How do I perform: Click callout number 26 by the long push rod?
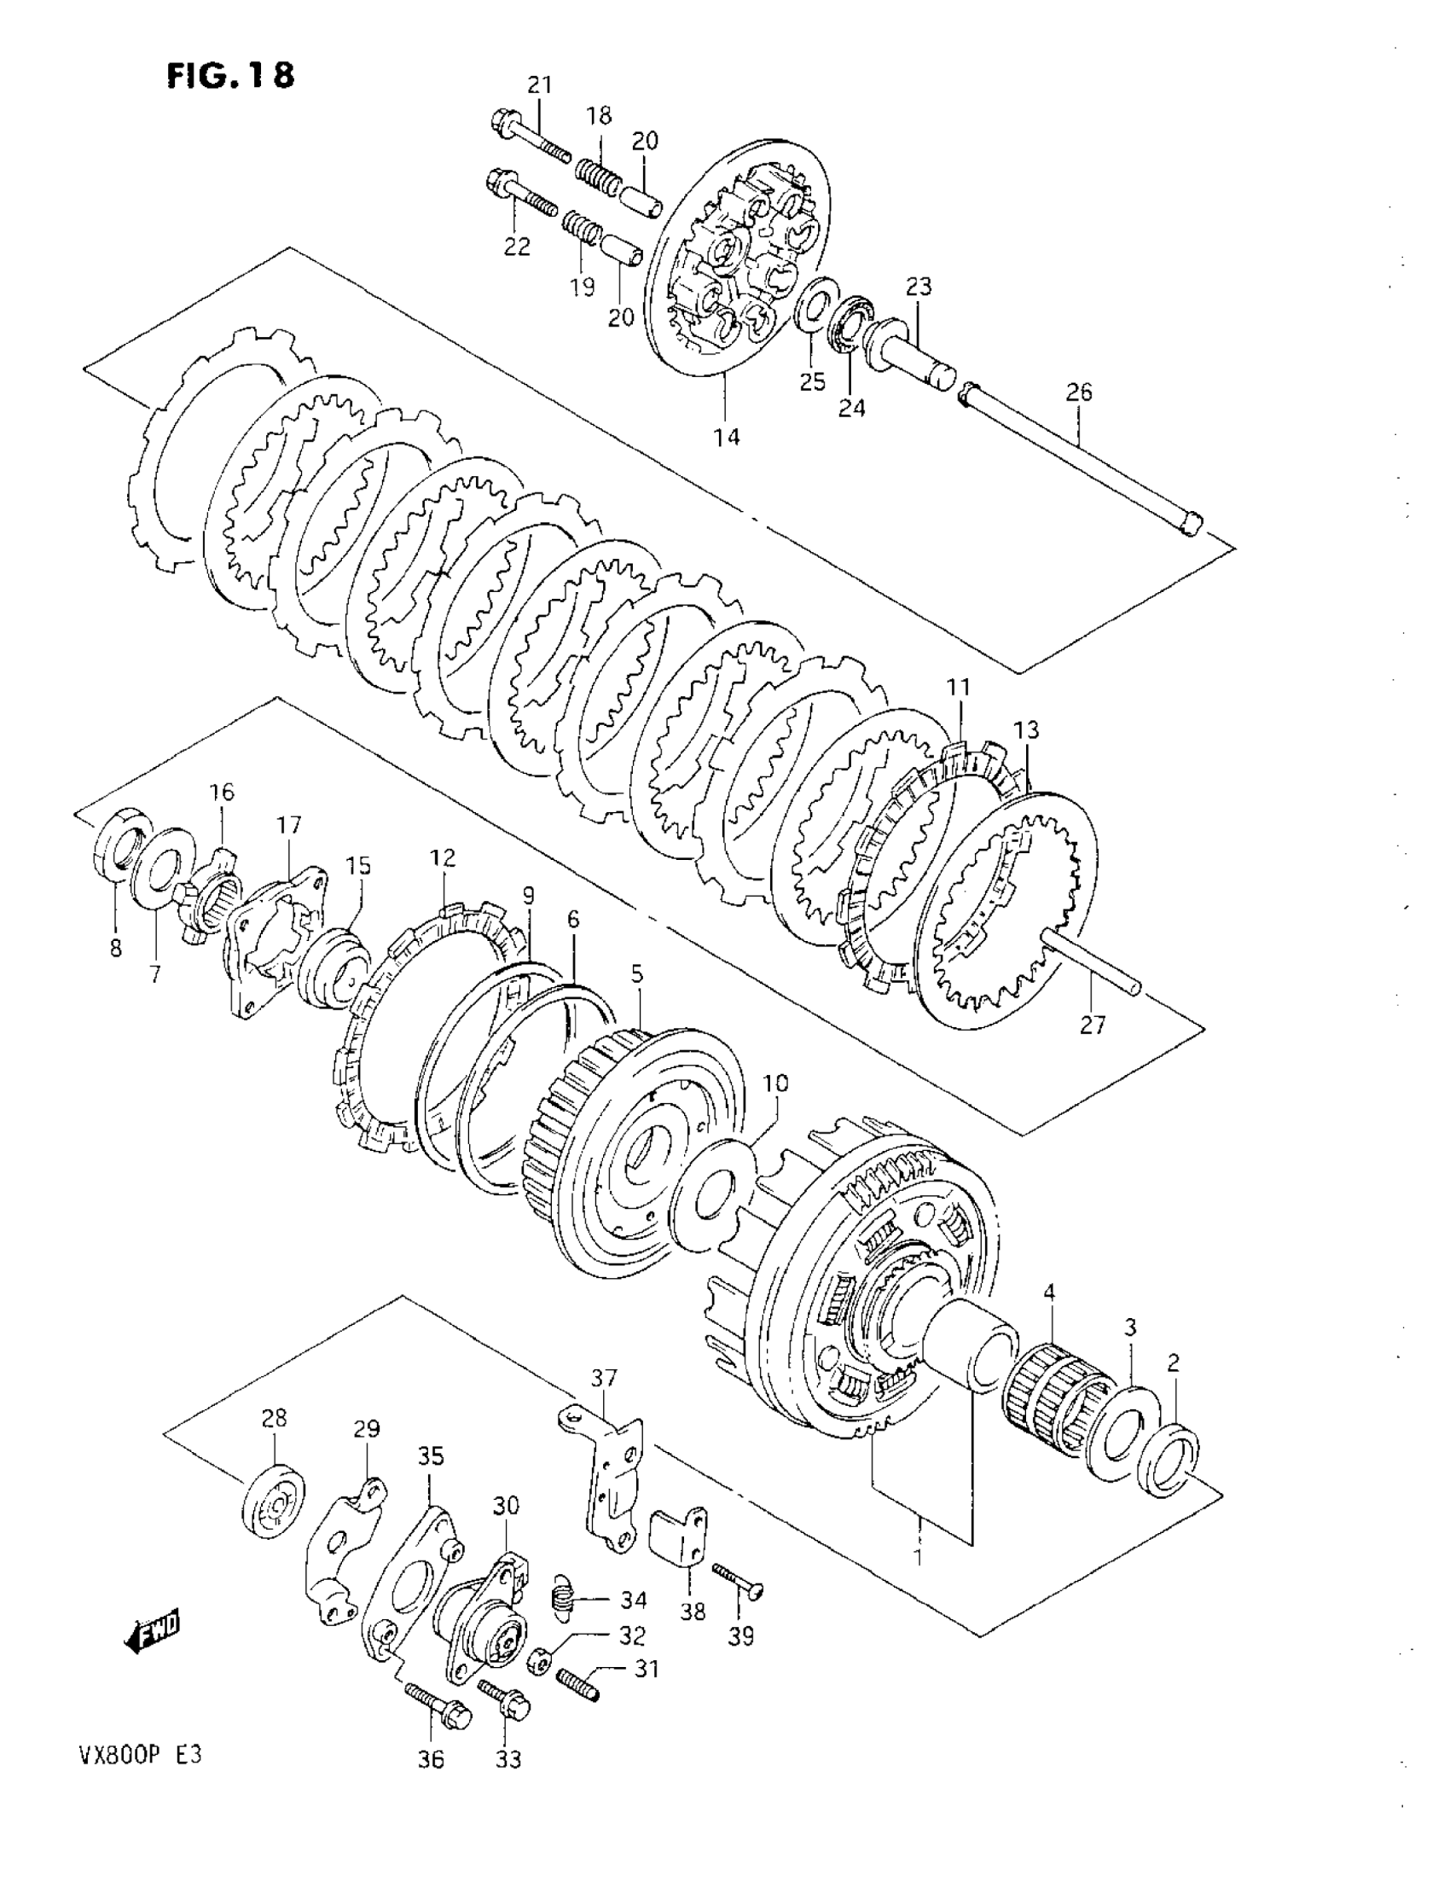(1078, 393)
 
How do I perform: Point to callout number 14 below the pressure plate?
(727, 437)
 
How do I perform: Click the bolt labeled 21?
(529, 137)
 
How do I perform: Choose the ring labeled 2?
(1169, 1458)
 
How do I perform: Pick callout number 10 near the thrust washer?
(775, 1083)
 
